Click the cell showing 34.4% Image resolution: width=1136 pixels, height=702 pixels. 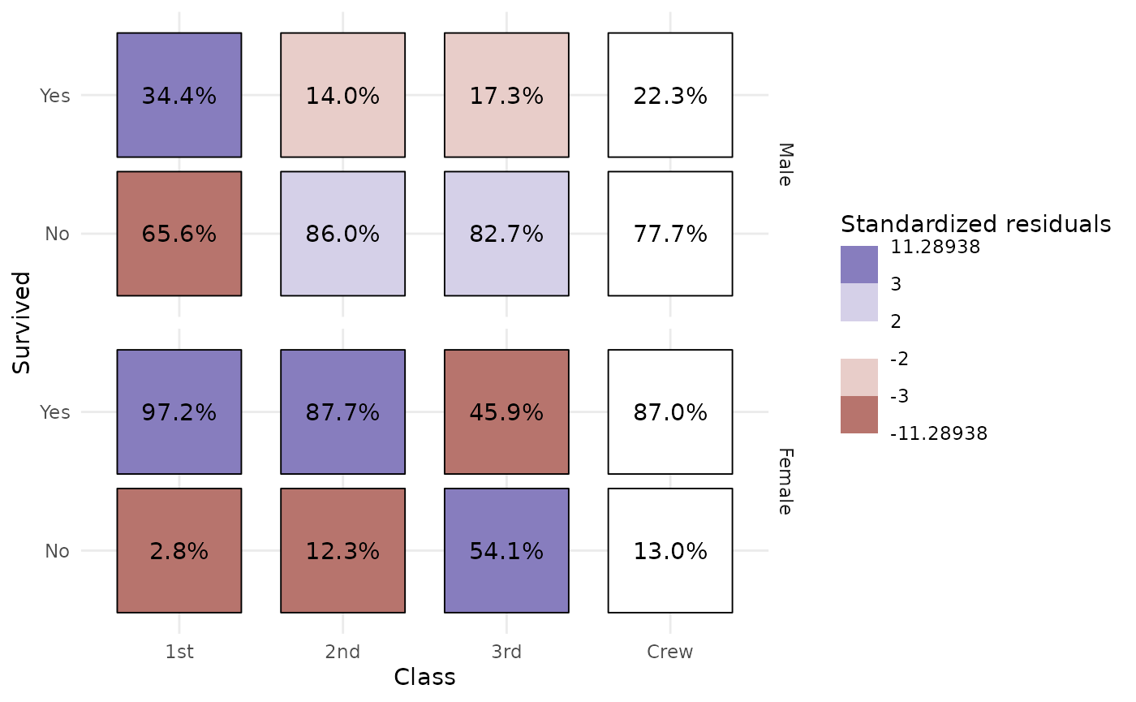coord(179,95)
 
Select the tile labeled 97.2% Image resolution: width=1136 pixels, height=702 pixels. coord(179,411)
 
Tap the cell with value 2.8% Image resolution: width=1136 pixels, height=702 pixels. coord(179,550)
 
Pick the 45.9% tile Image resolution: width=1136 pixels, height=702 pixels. coord(506,411)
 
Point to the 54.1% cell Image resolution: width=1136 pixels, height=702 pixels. coord(506,550)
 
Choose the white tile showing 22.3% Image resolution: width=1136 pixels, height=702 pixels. coord(670,95)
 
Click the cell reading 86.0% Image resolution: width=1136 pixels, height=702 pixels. coord(342,234)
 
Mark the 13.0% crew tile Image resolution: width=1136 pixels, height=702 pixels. coord(670,550)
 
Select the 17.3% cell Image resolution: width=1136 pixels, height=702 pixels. coord(506,95)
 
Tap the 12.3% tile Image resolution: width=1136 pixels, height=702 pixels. coord(342,550)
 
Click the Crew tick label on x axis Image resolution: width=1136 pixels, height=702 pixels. coord(670,652)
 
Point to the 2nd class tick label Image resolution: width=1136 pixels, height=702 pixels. coord(342,652)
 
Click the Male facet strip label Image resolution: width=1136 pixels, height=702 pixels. coord(784,165)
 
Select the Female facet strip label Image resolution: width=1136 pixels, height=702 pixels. coord(784,481)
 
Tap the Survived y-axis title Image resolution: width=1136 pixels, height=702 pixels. coord(23,323)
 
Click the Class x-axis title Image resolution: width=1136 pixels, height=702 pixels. coord(424,678)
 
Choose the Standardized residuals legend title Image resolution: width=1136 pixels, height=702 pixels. coord(975,224)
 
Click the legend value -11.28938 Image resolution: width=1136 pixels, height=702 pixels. coord(938,434)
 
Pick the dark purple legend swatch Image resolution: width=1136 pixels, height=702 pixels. coord(859,265)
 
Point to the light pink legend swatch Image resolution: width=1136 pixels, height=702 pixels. coord(859,377)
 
